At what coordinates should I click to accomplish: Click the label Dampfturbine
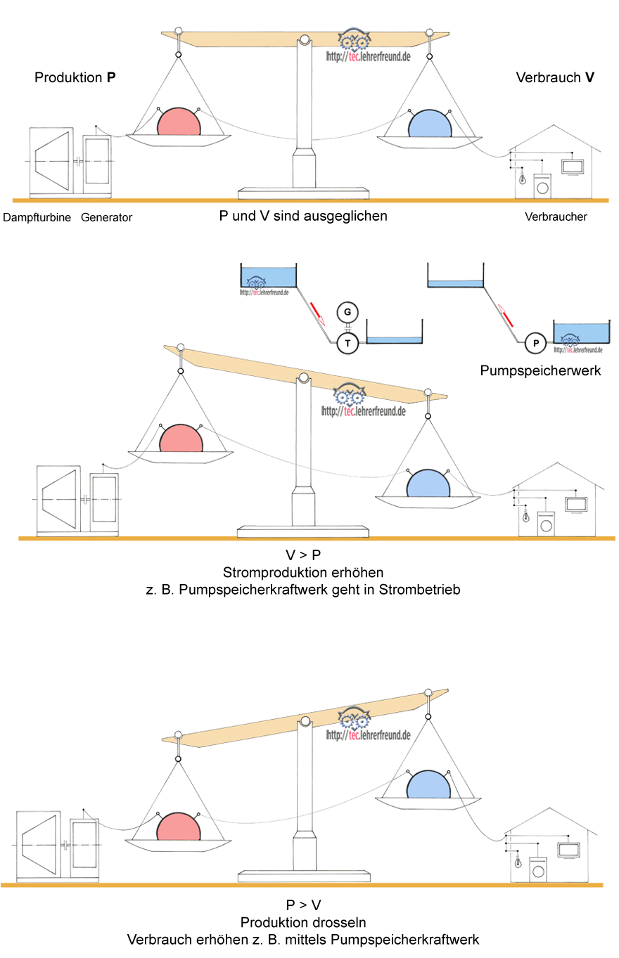pyautogui.click(x=37, y=218)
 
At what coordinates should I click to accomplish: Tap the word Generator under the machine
pyautogui.click(x=106, y=218)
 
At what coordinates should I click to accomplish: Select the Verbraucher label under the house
pyautogui.click(x=556, y=216)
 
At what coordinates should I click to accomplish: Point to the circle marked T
pyautogui.click(x=347, y=342)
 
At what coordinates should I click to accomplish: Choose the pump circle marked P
pyautogui.click(x=536, y=343)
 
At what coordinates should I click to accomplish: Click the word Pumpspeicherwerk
pyautogui.click(x=540, y=370)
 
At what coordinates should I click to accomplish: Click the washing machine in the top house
pyautogui.click(x=542, y=186)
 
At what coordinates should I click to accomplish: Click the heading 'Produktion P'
pyautogui.click(x=75, y=78)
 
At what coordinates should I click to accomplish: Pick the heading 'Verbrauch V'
pyautogui.click(x=555, y=78)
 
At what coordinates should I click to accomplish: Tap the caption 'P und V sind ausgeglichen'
pyautogui.click(x=303, y=216)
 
